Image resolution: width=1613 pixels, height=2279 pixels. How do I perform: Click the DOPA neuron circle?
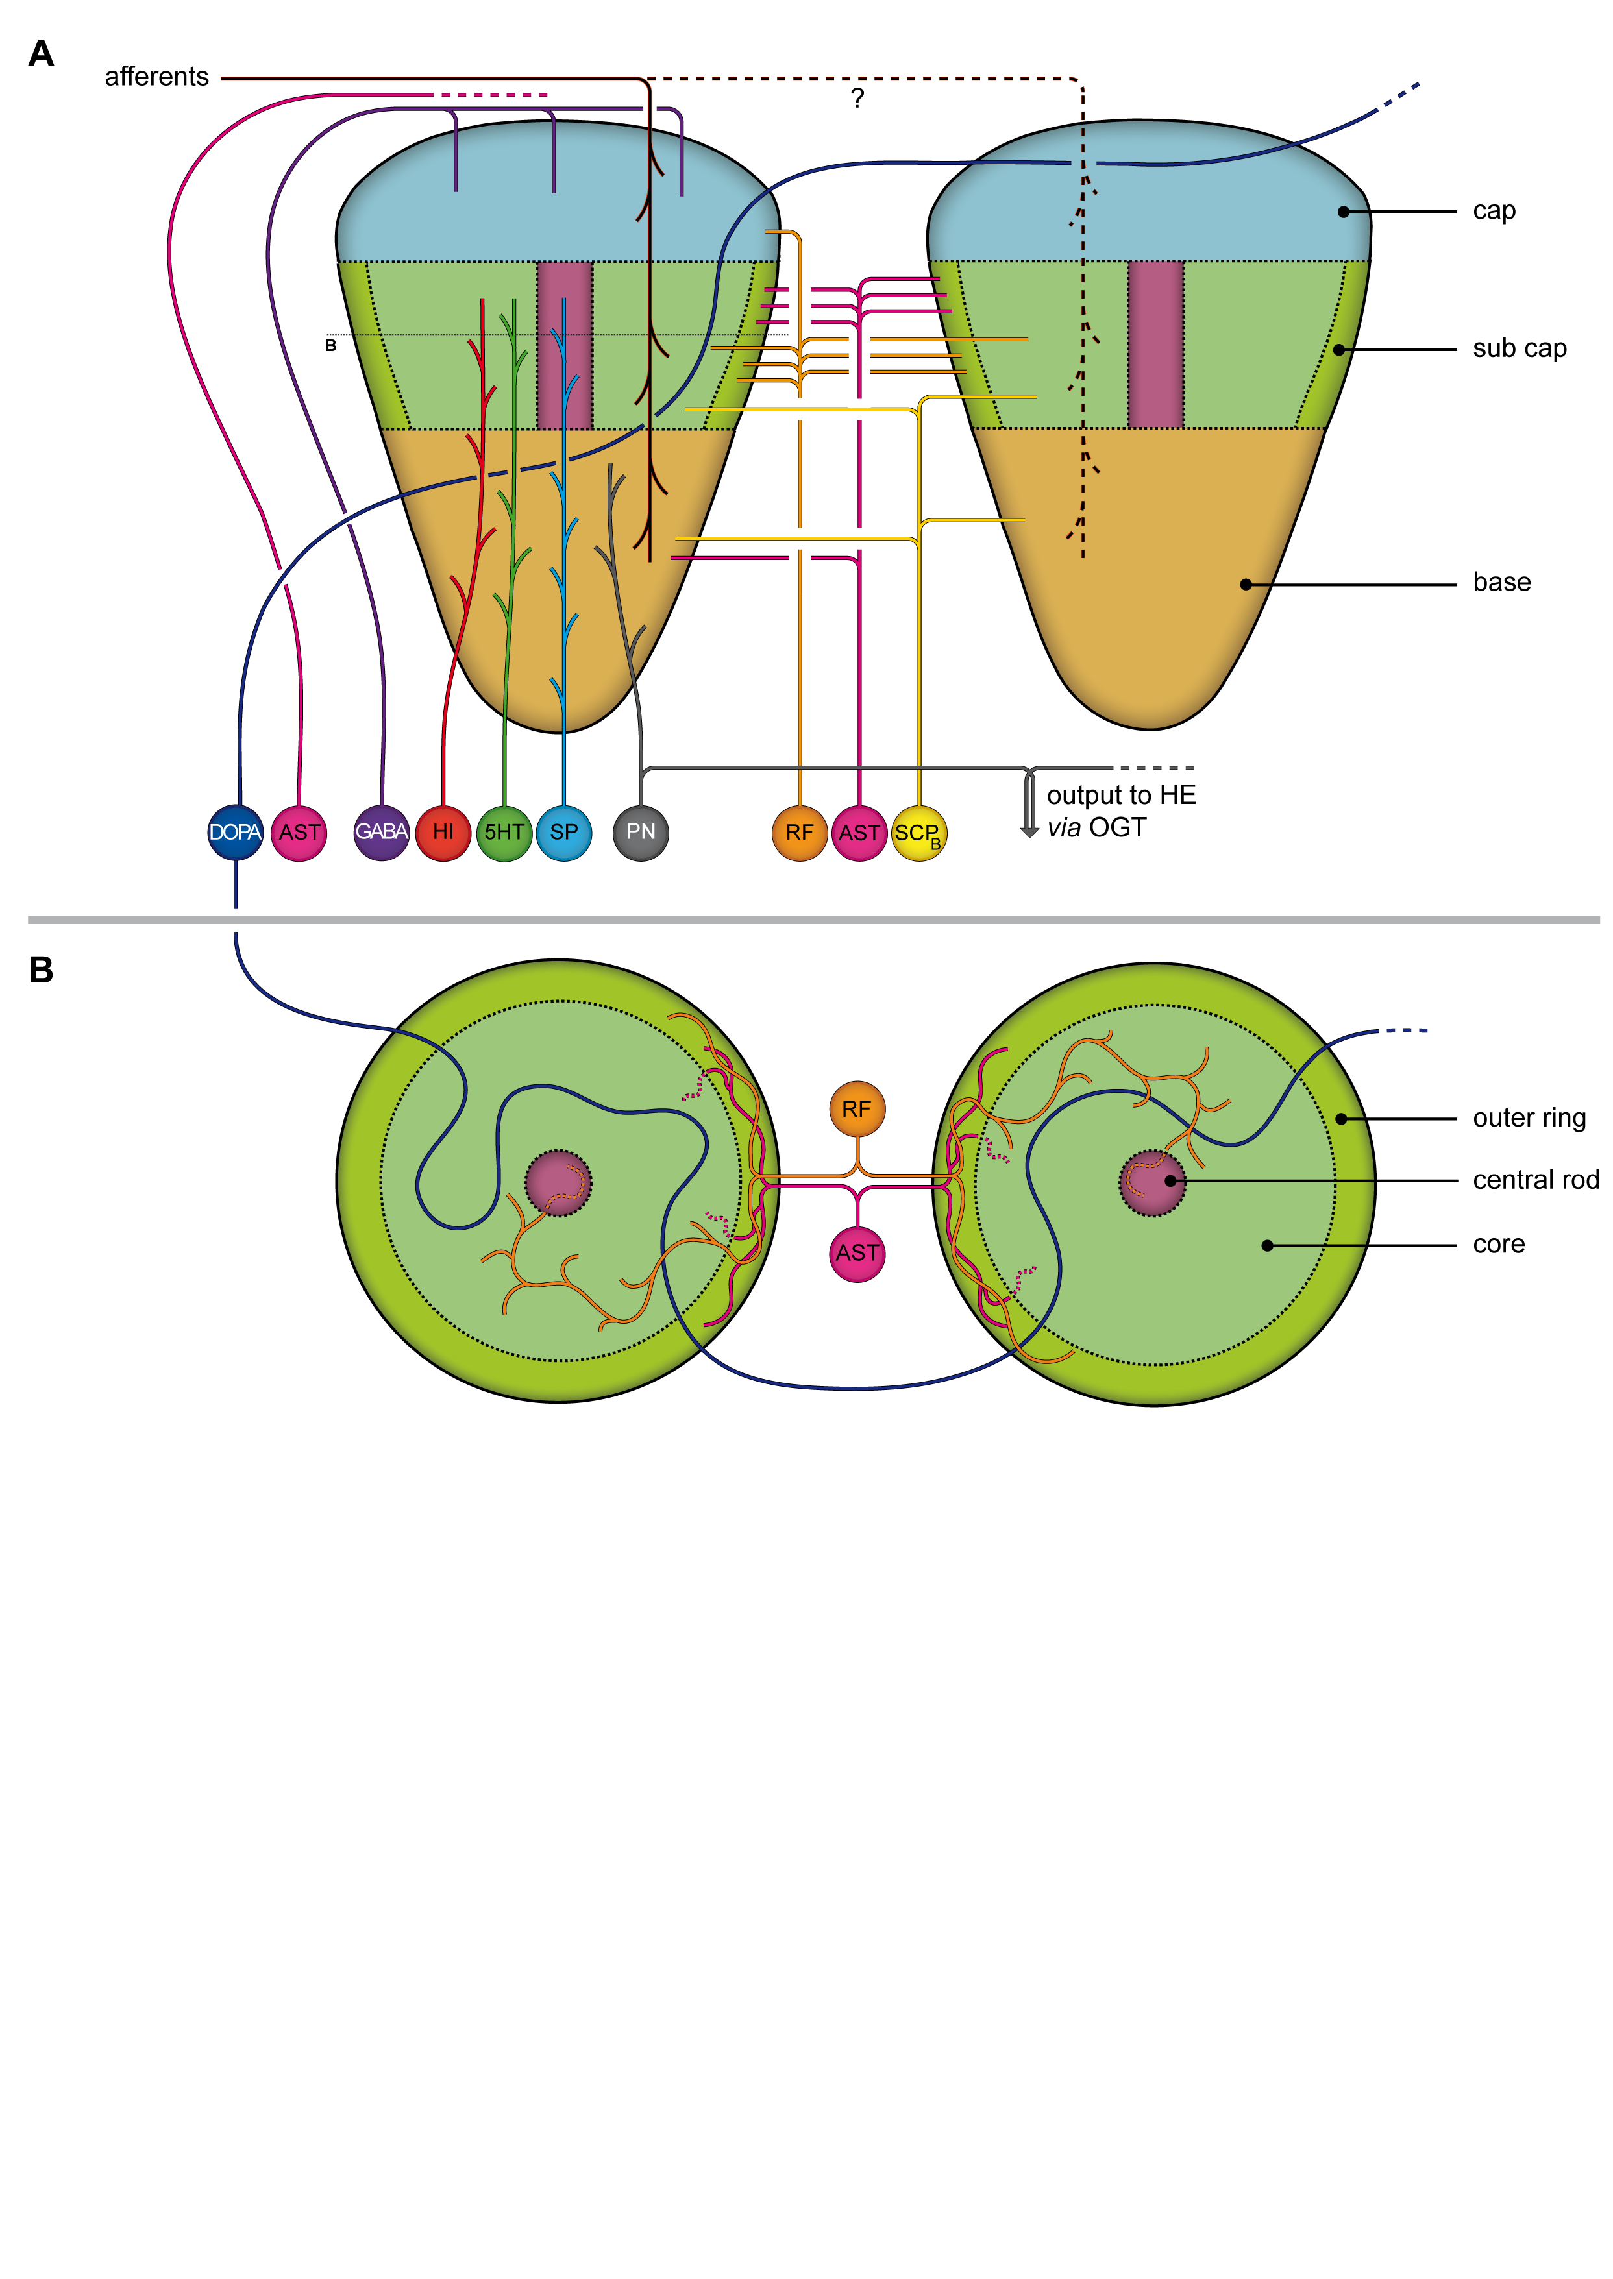[236, 832]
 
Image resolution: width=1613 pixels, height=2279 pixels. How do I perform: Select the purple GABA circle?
[382, 832]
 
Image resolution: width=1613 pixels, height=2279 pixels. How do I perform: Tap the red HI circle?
[443, 832]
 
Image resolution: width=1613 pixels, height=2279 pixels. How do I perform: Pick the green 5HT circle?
[504, 832]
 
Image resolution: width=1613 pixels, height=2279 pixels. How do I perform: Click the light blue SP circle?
[564, 832]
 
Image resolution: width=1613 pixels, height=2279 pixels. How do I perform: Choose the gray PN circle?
[641, 832]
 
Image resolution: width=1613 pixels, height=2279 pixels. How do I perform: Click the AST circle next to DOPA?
[299, 832]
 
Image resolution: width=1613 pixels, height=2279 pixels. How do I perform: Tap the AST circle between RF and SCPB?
[859, 832]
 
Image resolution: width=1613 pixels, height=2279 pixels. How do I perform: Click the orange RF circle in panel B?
[857, 1109]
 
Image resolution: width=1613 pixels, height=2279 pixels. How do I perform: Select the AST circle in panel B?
[857, 1253]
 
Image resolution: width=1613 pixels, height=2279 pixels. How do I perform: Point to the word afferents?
[157, 77]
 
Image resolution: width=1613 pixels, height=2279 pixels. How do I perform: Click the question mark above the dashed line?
[857, 97]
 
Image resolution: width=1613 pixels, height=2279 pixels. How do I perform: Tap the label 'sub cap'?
[1520, 348]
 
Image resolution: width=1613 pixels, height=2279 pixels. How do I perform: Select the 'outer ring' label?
[1529, 1118]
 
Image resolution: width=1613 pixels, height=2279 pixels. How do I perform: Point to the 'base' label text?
[1502, 582]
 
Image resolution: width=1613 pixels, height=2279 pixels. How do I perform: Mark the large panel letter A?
[41, 54]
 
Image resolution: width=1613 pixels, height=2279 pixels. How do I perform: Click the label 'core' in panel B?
[1499, 1244]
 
